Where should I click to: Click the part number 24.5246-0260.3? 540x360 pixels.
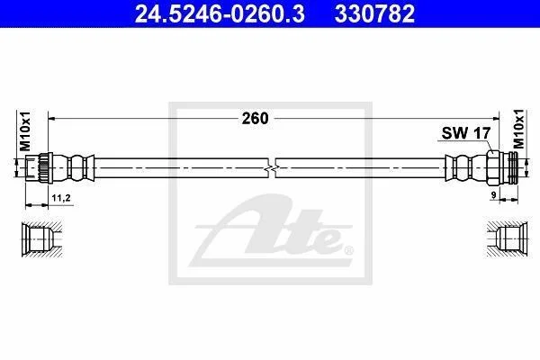pyautogui.click(x=220, y=13)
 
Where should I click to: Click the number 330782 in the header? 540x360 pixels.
pyautogui.click(x=374, y=13)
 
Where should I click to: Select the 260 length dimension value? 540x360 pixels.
pyautogui.click(x=255, y=119)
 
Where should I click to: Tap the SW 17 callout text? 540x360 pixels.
pyautogui.click(x=465, y=133)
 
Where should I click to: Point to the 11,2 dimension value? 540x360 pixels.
pyautogui.click(x=61, y=198)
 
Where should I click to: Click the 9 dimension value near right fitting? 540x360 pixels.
pyautogui.click(x=493, y=195)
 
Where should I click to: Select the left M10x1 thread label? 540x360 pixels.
pyautogui.click(x=25, y=130)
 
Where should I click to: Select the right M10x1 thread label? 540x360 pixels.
pyautogui.click(x=518, y=129)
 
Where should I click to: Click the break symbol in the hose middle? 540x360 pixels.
pyautogui.click(x=272, y=168)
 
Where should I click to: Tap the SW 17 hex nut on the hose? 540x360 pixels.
pyautogui.click(x=493, y=167)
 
